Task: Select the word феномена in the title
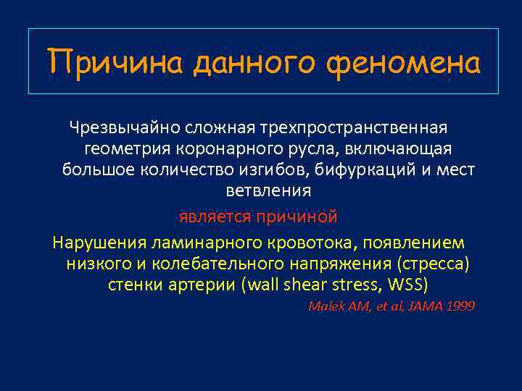[402, 62]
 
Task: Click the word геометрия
[128, 149]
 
